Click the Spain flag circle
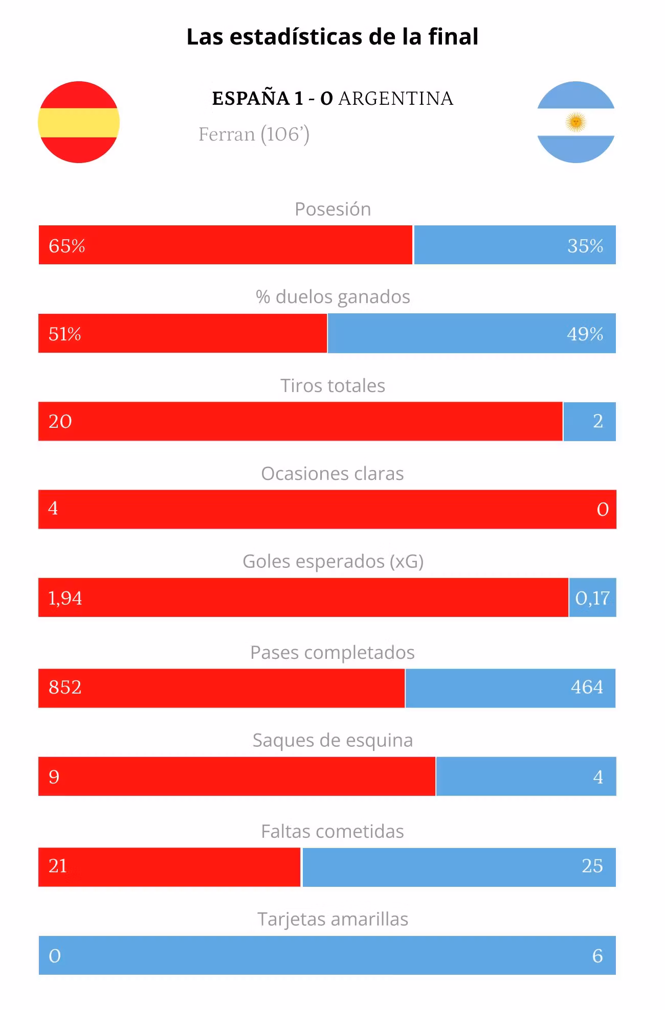(79, 122)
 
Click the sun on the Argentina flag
(576, 122)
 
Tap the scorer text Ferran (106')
(254, 134)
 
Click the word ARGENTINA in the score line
(396, 98)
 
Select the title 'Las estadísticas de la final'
(332, 37)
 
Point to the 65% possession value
(66, 246)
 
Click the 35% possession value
(585, 246)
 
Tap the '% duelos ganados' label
(333, 296)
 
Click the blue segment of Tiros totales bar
(589, 422)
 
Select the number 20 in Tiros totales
(60, 422)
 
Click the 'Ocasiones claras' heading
(332, 473)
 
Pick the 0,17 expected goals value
(592, 598)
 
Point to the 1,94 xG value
(65, 598)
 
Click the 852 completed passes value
(65, 687)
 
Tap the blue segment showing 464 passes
(510, 688)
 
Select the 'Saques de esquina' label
(332, 741)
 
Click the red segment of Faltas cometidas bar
(169, 867)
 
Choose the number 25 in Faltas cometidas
(592, 866)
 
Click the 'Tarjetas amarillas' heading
(332, 919)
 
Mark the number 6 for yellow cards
(597, 956)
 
